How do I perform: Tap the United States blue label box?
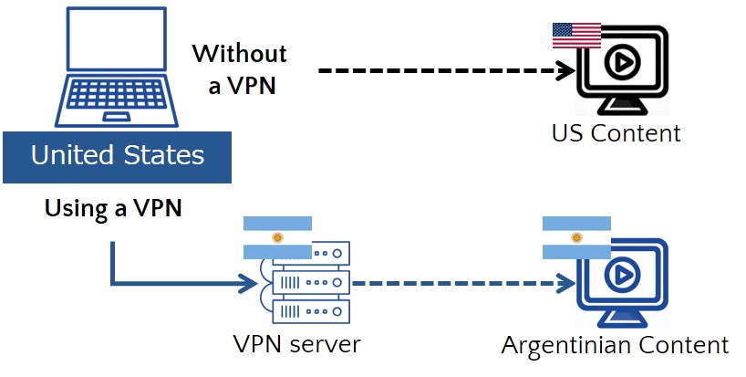click(117, 156)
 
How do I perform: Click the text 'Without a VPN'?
click(239, 68)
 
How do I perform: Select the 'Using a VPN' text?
click(113, 208)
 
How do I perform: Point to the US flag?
click(576, 35)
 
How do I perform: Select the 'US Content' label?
click(616, 132)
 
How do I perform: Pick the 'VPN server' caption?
click(296, 344)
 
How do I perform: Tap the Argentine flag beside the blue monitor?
click(575, 237)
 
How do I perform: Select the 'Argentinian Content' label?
click(615, 345)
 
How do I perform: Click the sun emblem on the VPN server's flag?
click(278, 237)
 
